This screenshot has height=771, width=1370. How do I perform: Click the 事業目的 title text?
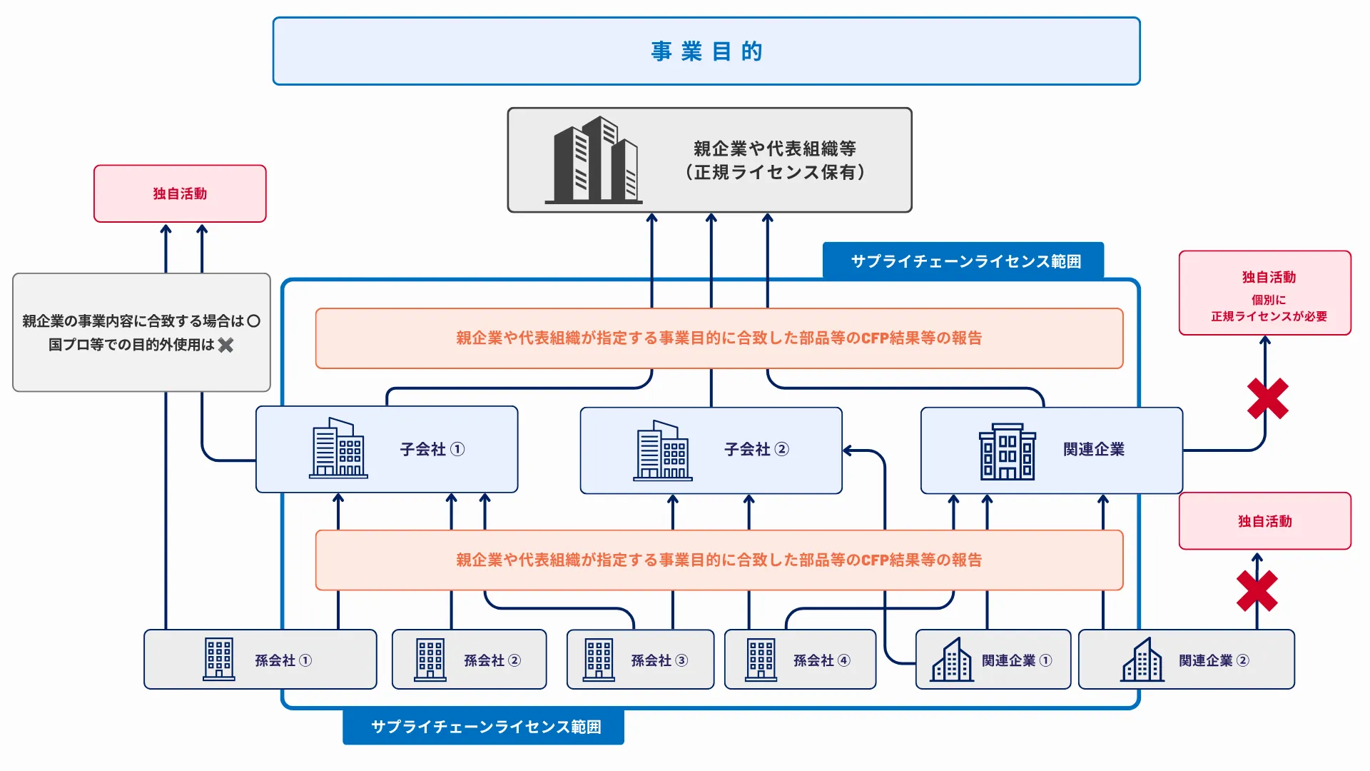pos(706,51)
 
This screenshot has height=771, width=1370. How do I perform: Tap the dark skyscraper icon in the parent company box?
pos(594,160)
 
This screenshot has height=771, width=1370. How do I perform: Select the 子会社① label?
pos(432,449)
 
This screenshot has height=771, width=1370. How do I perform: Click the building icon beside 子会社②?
pos(663,450)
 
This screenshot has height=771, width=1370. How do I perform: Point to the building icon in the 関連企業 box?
pos(1007,451)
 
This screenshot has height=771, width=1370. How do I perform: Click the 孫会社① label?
pos(283,660)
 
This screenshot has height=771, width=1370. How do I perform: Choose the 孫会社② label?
pos(492,660)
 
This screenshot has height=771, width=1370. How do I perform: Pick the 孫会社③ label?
pos(659,660)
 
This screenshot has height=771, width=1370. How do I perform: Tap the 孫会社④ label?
pos(822,660)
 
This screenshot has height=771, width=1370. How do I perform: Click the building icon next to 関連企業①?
pos(952,660)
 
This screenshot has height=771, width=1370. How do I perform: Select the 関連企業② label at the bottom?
pos(1214,660)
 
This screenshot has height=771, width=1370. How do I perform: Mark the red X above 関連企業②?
pos(1257,591)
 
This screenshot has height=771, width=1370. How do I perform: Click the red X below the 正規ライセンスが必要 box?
pos(1268,398)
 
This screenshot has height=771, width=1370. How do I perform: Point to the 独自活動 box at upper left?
pos(180,193)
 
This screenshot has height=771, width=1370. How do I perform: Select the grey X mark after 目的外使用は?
pos(225,346)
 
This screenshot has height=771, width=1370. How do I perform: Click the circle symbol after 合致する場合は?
pos(253,321)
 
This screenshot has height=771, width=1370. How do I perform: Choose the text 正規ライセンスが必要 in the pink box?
pos(1269,316)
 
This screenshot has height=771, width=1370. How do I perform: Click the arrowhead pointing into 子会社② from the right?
pos(848,450)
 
